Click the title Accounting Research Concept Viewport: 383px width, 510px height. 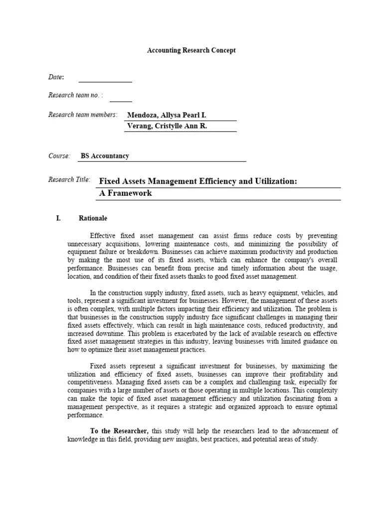click(191, 50)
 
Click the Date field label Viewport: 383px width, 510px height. click(55, 77)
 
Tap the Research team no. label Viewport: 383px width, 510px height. click(75, 95)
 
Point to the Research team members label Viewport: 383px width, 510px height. click(82, 115)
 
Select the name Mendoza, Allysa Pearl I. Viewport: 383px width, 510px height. click(167, 115)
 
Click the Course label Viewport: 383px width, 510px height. click(59, 156)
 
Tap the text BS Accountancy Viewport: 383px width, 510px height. click(105, 156)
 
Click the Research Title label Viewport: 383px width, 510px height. click(69, 179)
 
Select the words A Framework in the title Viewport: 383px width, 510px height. click(125, 193)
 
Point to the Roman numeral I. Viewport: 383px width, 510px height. click(58, 218)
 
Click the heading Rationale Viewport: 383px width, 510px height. click(93, 218)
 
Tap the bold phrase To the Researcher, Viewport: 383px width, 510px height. click(119, 431)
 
